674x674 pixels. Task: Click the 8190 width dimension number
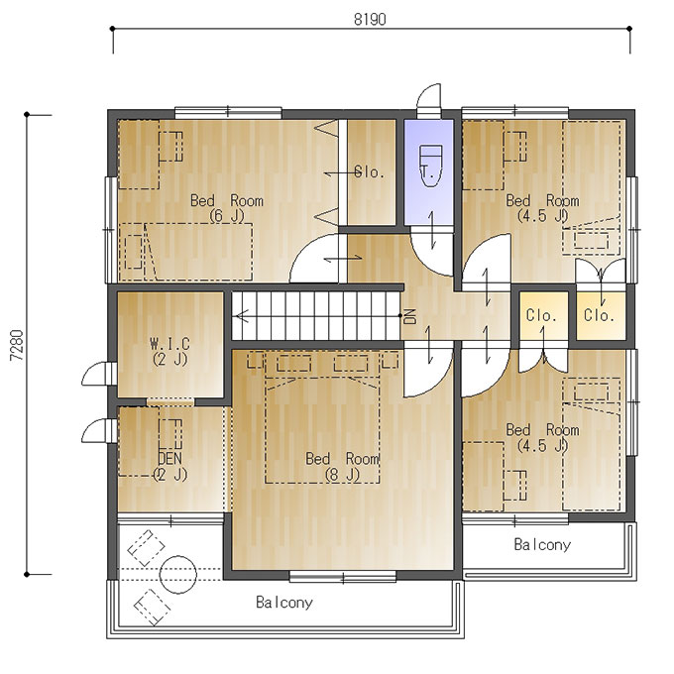tap(370, 20)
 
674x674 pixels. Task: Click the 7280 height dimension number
tap(17, 345)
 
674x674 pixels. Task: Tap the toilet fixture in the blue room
tap(430, 166)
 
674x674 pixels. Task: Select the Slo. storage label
tap(370, 172)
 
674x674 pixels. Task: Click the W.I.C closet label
tap(169, 351)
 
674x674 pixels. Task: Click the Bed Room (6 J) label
tap(227, 208)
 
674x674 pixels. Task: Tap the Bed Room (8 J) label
tap(342, 467)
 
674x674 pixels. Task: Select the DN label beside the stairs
tap(410, 316)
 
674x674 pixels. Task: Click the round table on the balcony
tap(178, 574)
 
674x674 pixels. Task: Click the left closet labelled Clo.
tap(541, 316)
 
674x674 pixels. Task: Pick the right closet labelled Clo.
tap(599, 316)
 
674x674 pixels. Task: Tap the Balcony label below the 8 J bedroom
tap(284, 602)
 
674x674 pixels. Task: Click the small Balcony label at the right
tap(542, 544)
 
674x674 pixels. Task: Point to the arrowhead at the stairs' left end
tap(237, 316)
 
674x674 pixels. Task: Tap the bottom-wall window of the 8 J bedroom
tap(343, 577)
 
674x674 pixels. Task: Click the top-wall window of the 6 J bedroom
tap(228, 113)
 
